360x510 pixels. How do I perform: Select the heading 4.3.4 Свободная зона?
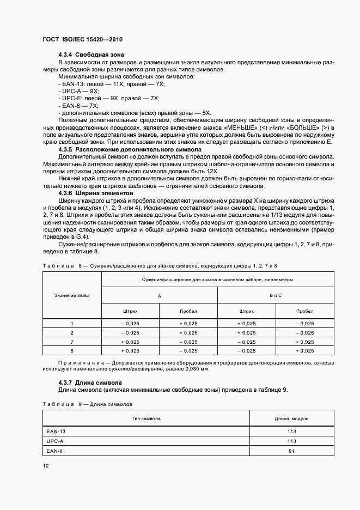[91, 54]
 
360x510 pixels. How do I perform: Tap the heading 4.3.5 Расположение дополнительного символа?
[130, 149]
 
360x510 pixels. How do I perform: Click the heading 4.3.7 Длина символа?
[90, 383]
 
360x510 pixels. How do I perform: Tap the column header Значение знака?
[72, 295]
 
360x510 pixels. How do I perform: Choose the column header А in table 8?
[159, 295]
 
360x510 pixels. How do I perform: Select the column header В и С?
[276, 295]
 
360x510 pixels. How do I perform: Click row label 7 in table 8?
[72, 341]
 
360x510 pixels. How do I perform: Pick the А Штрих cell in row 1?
[130, 323]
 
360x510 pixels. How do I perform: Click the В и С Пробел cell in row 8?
[305, 350]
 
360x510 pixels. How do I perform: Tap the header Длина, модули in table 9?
[292, 418]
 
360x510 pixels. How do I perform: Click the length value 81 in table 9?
[292, 451]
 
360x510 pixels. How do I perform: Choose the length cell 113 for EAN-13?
[292, 431]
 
